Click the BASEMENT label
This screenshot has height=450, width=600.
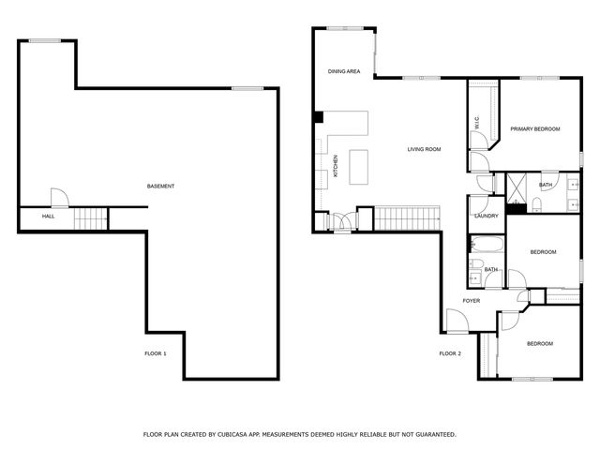[x=160, y=187]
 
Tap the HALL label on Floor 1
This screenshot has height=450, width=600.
[x=48, y=217]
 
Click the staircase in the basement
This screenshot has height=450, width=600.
[x=92, y=219]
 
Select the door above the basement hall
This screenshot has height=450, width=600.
[x=57, y=197]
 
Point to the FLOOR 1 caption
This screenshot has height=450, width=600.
[x=155, y=353]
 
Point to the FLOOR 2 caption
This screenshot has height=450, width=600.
[x=450, y=353]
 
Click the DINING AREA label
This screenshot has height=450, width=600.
[x=344, y=71]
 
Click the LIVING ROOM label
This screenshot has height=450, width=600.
[x=424, y=149]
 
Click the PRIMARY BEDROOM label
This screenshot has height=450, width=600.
[x=534, y=128]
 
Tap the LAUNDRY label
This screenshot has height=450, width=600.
[x=486, y=216]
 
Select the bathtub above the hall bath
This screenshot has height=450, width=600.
[x=487, y=247]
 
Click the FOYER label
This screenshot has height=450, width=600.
[x=471, y=301]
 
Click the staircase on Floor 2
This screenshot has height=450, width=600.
[x=406, y=219]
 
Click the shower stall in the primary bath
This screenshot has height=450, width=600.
[x=517, y=189]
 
